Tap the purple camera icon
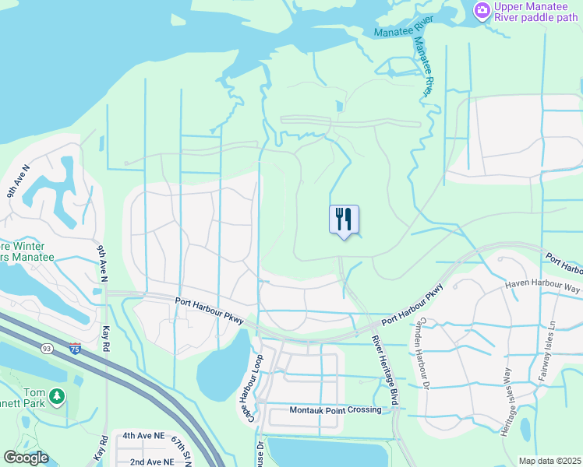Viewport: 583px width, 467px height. click(x=482, y=10)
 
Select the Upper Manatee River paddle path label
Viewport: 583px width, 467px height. click(x=537, y=12)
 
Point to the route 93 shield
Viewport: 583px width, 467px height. click(x=48, y=338)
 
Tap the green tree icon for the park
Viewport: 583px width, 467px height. click(x=56, y=397)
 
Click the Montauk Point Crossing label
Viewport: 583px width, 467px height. click(x=335, y=410)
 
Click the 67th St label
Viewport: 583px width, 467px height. click(x=182, y=451)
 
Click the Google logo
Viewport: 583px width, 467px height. click(x=26, y=458)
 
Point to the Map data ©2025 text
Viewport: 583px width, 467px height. click(x=549, y=461)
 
